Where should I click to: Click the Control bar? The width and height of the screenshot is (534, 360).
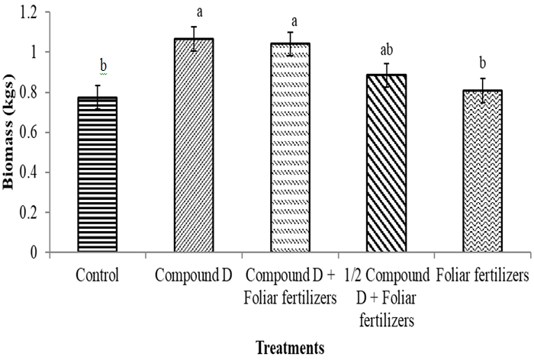pyautogui.click(x=97, y=175)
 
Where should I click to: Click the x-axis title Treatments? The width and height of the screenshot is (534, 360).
pyautogui.click(x=289, y=347)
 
